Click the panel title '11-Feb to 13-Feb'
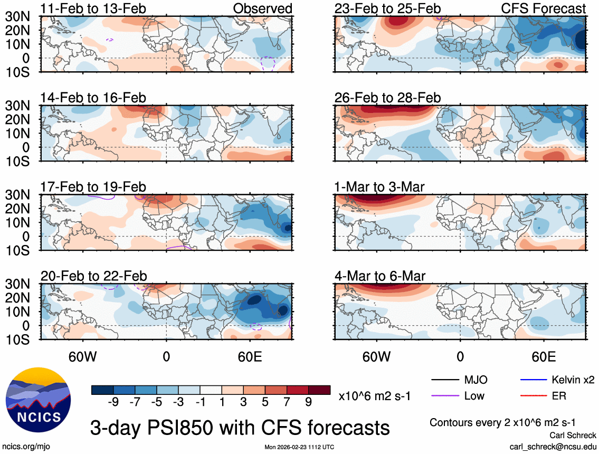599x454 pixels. [93, 9]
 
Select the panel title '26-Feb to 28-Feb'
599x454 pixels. [387, 98]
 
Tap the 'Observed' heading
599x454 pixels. [263, 9]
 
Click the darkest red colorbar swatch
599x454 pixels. [320, 390]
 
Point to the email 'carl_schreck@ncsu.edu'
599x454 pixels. [553, 446]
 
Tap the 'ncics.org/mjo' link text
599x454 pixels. [24, 447]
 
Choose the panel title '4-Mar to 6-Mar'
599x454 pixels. [380, 276]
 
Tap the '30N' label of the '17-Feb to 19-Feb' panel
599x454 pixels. [17, 195]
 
